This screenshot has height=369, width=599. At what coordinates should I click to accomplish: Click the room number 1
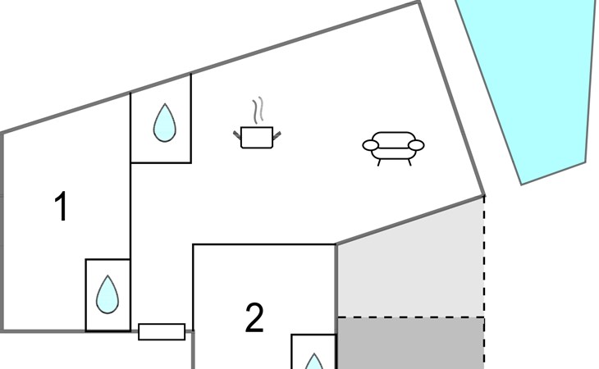[x=61, y=206]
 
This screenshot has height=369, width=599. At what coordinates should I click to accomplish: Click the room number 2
[x=254, y=317]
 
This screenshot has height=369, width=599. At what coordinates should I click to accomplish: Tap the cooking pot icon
[x=257, y=138]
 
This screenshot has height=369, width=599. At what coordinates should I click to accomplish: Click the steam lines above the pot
[x=258, y=110]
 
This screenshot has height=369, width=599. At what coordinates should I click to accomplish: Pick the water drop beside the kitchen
[x=165, y=123]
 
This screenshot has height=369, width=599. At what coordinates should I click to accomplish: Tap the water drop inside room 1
[x=107, y=294]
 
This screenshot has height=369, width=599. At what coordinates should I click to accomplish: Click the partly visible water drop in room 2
[x=313, y=362]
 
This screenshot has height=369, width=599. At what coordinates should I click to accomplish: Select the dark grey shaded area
[x=410, y=343]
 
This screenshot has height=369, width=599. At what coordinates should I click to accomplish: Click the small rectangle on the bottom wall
[x=162, y=332]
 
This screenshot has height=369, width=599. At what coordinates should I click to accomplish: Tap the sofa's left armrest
[x=371, y=145]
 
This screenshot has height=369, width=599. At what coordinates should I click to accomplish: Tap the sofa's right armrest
[x=416, y=145]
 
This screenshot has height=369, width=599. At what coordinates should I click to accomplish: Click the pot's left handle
[x=237, y=134]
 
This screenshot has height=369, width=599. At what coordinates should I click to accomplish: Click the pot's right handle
[x=277, y=134]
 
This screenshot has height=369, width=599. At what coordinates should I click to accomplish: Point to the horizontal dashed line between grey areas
[x=411, y=317]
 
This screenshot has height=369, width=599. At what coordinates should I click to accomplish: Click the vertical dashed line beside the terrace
[x=484, y=282]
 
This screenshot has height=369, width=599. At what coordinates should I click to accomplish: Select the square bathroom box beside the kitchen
[x=161, y=118]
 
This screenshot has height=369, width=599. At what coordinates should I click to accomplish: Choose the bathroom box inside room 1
[x=107, y=295]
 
